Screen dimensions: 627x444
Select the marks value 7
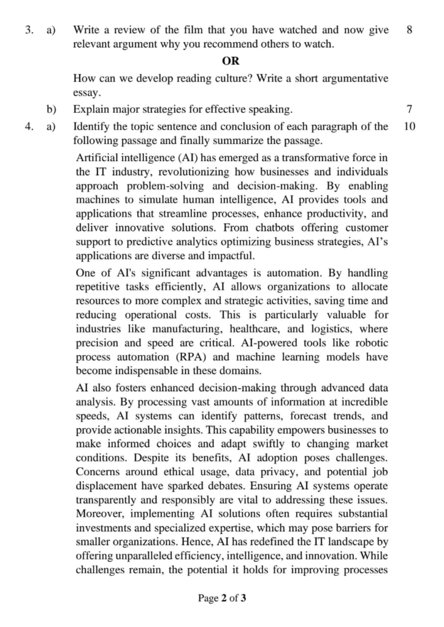[x=409, y=110]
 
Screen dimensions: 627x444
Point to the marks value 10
[x=410, y=127]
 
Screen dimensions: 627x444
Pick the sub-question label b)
[x=52, y=110]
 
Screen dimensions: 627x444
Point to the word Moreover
[x=99, y=514]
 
